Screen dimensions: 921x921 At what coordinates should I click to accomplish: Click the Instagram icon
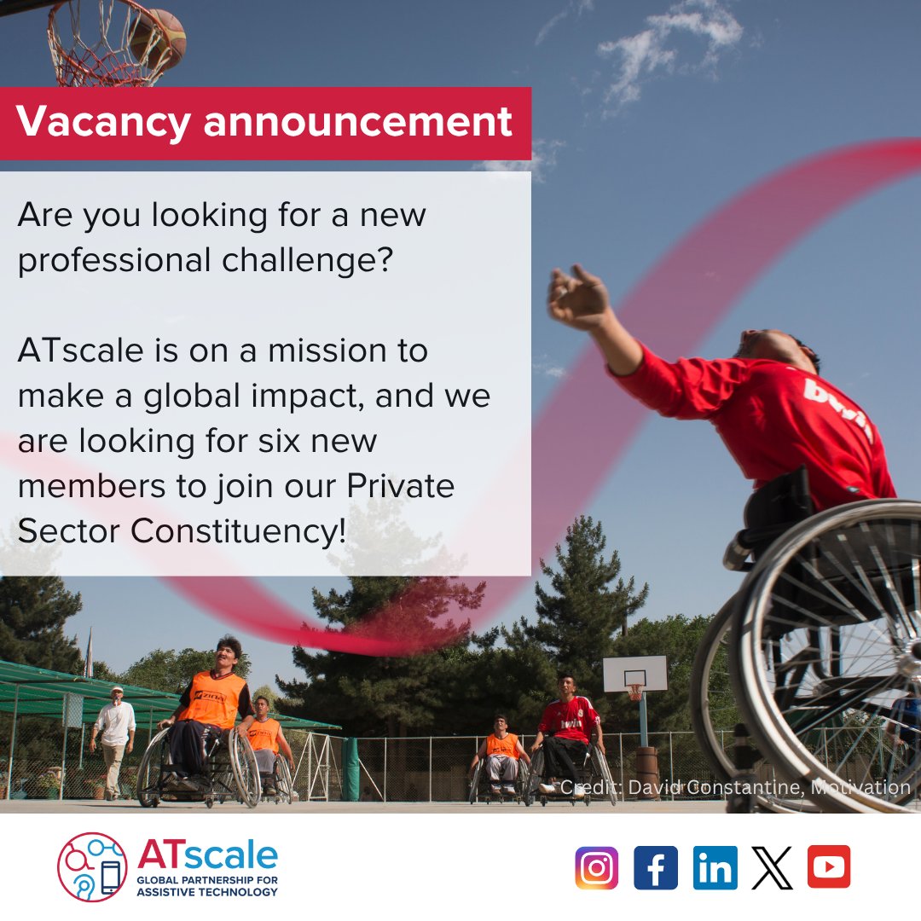click(596, 867)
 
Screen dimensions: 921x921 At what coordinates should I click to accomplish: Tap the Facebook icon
click(656, 867)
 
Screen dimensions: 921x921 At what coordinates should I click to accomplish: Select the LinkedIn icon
click(715, 867)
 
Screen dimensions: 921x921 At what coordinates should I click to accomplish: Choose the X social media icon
click(773, 867)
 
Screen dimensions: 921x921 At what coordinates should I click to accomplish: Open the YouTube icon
click(829, 867)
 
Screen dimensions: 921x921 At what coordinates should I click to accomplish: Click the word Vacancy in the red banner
click(102, 122)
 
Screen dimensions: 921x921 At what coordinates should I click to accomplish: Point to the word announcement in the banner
click(358, 122)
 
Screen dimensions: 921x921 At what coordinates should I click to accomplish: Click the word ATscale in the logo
click(207, 854)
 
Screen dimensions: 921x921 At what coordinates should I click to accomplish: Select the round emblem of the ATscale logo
click(92, 867)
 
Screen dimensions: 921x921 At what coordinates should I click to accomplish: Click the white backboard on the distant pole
click(634, 674)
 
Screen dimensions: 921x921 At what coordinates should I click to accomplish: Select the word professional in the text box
click(113, 260)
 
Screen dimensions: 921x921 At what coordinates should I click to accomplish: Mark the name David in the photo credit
click(652, 788)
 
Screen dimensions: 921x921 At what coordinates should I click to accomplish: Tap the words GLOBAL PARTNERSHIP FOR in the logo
click(207, 879)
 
